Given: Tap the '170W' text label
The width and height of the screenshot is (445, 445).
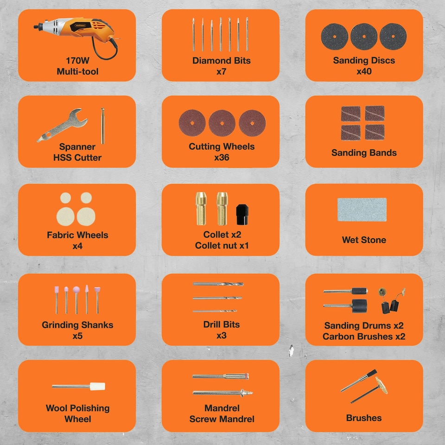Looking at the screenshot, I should (x=77, y=61).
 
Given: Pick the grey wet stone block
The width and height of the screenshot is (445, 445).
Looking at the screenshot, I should (x=362, y=210).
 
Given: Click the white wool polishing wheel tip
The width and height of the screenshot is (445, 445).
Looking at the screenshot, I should (x=97, y=386).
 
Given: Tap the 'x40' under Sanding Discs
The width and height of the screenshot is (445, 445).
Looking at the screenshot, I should (x=364, y=72).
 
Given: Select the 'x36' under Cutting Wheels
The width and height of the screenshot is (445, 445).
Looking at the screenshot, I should (x=221, y=158).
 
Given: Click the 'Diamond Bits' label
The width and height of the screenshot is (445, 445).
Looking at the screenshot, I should (x=221, y=61).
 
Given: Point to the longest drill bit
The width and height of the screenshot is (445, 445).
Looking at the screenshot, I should (x=218, y=284).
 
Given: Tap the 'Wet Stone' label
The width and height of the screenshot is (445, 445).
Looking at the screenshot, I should (x=364, y=240).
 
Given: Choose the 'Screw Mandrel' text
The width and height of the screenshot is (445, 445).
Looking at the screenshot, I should (x=222, y=419).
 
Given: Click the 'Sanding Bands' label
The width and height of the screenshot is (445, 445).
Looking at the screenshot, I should (x=364, y=153).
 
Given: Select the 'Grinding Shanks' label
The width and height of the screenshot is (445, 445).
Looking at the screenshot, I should (x=77, y=324).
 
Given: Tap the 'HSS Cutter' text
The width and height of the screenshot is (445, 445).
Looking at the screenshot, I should (x=77, y=158).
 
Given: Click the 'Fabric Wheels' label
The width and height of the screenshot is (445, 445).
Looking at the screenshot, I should (x=77, y=235).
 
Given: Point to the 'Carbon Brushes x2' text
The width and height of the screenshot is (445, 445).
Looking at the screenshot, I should (x=364, y=337).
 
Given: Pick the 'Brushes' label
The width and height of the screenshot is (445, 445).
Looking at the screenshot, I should (x=364, y=418).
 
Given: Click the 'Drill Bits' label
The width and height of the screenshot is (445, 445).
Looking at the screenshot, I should (x=221, y=324).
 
